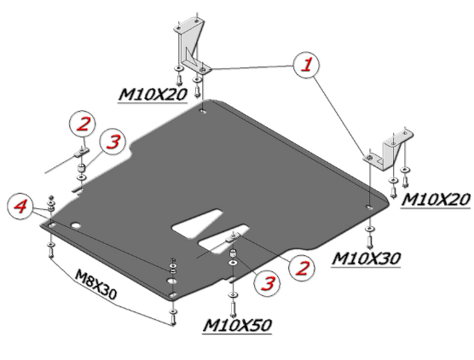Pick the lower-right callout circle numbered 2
(x=302, y=269)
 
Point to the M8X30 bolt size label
(x=95, y=284)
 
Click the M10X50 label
(x=237, y=326)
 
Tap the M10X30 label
(x=366, y=258)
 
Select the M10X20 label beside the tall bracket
(x=153, y=95)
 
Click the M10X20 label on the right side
(x=436, y=200)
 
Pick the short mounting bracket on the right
(x=389, y=150)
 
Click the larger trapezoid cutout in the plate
(x=198, y=224)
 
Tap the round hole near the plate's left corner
(x=75, y=225)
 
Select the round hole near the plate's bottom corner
(x=171, y=281)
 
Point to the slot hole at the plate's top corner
(x=203, y=111)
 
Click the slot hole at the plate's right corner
(x=369, y=207)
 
